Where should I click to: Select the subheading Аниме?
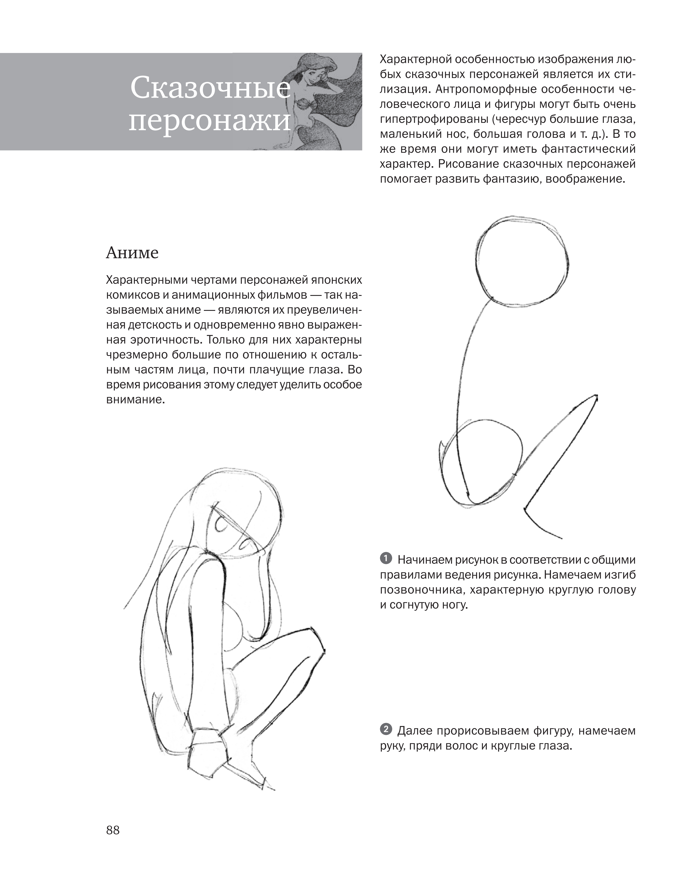pyautogui.click(x=132, y=253)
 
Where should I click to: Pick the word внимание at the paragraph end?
pyautogui.click(x=135, y=400)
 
